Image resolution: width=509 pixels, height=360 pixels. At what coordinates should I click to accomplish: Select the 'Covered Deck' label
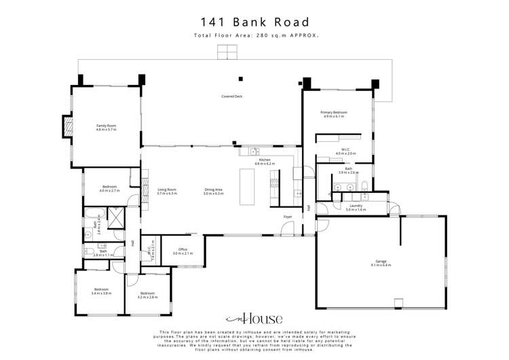tap(231, 96)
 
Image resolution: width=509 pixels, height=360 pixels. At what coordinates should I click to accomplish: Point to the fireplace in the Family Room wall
tap(67, 126)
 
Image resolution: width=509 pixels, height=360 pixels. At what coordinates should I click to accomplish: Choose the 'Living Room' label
tap(167, 192)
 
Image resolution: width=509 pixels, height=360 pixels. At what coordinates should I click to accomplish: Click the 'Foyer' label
tap(288, 217)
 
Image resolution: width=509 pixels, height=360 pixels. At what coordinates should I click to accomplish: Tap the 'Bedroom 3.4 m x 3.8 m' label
tap(100, 291)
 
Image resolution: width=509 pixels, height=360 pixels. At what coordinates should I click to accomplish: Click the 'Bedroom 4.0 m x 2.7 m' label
tap(109, 189)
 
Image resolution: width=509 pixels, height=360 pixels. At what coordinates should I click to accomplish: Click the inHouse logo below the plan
tap(254, 319)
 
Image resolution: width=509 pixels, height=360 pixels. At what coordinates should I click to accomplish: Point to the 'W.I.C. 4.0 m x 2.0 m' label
tap(345, 151)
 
